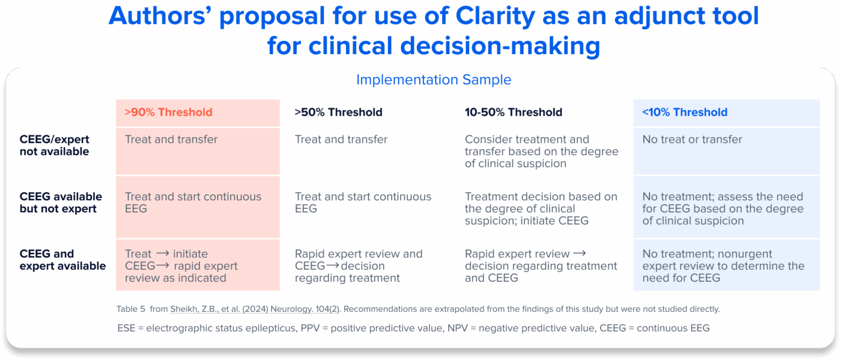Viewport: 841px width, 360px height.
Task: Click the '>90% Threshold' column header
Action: (169, 112)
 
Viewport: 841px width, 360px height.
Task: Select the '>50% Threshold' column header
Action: (338, 112)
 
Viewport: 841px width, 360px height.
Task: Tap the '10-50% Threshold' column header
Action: (513, 112)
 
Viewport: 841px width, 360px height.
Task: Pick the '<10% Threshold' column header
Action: (685, 112)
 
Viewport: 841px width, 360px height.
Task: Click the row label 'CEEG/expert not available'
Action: (55, 145)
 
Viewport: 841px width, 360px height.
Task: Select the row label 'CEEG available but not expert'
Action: (61, 203)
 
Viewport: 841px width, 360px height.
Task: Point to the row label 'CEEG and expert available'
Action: (62, 260)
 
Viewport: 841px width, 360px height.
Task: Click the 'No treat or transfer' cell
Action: (692, 139)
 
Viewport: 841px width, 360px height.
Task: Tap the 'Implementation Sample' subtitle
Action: (434, 80)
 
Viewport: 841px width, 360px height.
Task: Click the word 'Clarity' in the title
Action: (495, 17)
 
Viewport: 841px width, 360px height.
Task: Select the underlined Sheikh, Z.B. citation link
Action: (255, 310)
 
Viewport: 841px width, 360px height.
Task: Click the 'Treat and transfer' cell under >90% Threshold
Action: (171, 139)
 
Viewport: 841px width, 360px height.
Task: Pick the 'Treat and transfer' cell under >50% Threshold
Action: (341, 139)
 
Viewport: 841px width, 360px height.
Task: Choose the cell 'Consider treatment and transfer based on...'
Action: (541, 151)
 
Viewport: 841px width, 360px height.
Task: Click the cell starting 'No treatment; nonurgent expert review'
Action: (723, 266)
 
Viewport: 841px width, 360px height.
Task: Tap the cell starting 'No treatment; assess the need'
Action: (723, 209)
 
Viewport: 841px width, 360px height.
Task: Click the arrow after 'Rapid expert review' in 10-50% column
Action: (579, 254)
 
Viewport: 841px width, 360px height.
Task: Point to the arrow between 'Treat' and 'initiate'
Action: (162, 254)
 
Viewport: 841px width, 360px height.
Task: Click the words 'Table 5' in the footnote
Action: (131, 310)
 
